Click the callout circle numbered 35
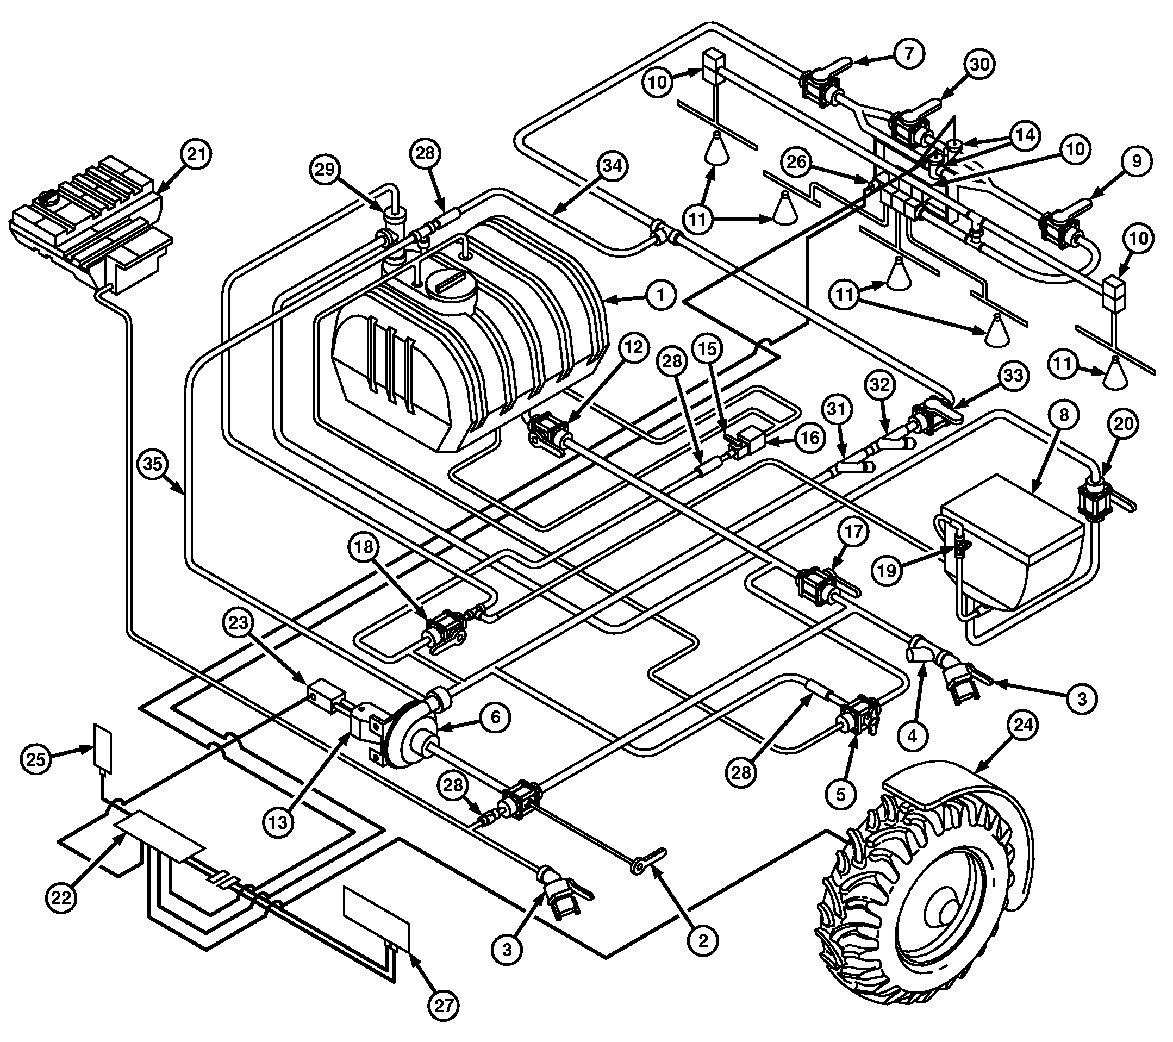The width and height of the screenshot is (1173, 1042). tap(153, 463)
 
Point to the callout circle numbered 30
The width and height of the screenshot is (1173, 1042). tap(979, 64)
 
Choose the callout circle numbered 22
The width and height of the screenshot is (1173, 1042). tap(61, 896)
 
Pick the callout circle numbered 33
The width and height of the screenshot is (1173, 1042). tap(1013, 375)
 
